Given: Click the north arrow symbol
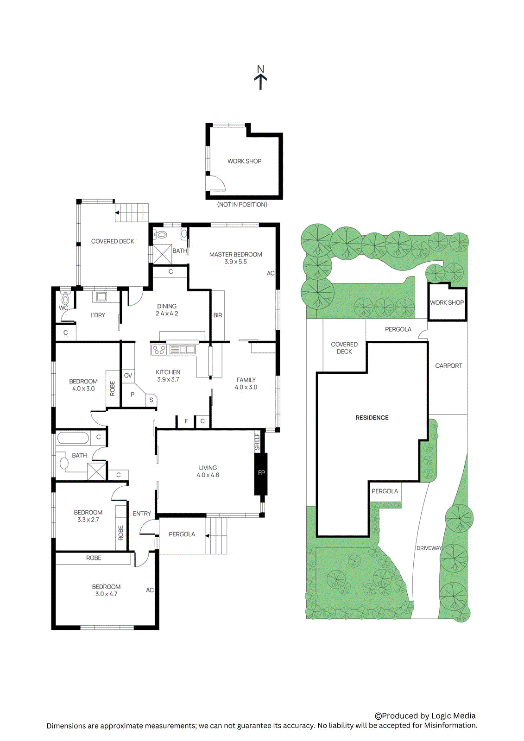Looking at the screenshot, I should (260, 77).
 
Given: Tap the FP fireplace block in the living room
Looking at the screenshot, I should (261, 473).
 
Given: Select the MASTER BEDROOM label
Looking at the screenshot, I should (235, 254).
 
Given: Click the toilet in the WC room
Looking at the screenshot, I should (65, 299).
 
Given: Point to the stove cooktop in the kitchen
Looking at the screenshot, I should (159, 350).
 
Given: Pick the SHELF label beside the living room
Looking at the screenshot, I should (258, 442).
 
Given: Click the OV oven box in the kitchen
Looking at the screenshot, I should (128, 375).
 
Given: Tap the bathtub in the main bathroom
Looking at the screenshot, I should (73, 438).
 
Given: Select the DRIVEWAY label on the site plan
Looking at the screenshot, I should (429, 548).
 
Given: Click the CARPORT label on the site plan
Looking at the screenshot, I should (448, 365).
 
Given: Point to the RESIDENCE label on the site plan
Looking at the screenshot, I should (372, 417).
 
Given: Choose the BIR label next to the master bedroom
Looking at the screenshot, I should (218, 315).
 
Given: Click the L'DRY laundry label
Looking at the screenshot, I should (98, 315).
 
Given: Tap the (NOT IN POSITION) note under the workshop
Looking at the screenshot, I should (242, 204).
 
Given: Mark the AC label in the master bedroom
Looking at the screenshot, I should (271, 273).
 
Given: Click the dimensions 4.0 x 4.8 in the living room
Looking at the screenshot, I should (208, 475).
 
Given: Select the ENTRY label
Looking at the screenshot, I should (142, 514).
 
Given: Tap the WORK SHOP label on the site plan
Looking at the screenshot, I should (447, 302).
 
